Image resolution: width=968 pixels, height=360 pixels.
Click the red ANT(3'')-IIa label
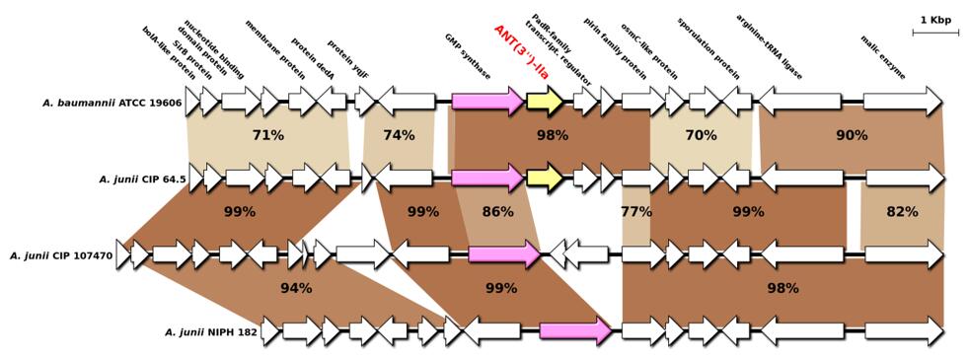(522, 52)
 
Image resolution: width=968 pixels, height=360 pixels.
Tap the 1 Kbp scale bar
(934, 32)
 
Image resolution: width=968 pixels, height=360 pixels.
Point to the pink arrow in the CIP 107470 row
(505, 254)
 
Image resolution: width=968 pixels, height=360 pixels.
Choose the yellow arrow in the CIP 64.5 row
(545, 178)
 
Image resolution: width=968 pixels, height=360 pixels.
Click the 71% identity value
(268, 135)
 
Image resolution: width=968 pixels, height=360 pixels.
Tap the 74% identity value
(399, 135)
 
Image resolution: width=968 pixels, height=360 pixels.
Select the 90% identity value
(852, 135)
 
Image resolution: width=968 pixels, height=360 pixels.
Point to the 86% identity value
(497, 212)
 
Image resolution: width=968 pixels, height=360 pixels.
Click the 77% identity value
(636, 212)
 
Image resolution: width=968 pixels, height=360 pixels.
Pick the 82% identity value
(903, 212)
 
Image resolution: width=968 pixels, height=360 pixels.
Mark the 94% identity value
(296, 288)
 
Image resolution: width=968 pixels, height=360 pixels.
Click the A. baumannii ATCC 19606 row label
(112, 103)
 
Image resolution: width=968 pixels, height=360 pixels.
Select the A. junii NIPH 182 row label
(210, 332)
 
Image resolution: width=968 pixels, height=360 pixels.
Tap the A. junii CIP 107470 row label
(61, 255)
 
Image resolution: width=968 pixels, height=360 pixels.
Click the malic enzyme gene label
(883, 57)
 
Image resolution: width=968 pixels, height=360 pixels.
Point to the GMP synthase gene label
(468, 56)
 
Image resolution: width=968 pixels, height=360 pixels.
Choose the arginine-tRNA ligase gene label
(770, 47)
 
